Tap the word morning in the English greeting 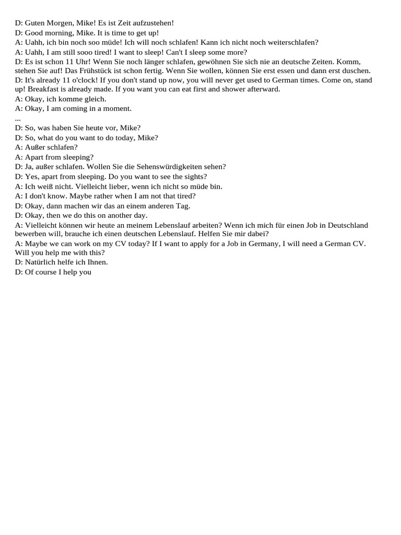click(x=55, y=32)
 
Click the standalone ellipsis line click(x=18, y=119)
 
